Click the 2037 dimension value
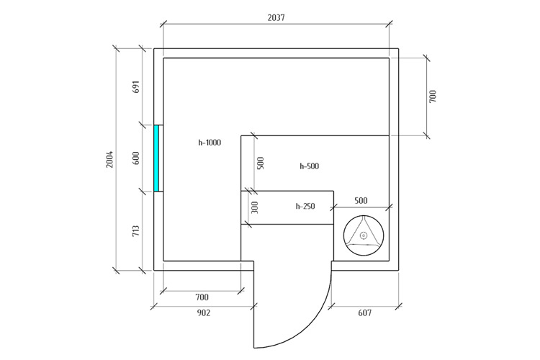276,17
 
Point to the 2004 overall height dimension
109,159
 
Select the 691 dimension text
136,87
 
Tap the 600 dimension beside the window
136,158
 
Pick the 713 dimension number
136,231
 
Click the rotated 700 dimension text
433,96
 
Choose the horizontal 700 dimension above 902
202,297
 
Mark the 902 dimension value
204,312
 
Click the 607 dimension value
365,312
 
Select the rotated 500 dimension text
261,163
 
